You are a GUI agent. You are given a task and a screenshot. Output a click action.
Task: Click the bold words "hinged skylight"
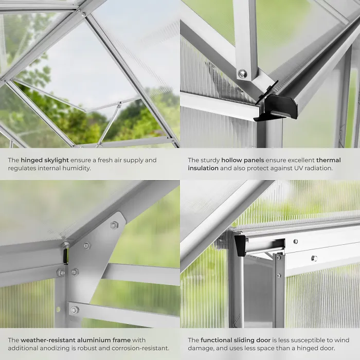[45, 160]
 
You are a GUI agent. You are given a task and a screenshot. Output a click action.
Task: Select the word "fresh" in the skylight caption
[107, 160]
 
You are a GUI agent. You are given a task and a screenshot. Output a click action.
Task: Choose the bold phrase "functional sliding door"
[238, 340]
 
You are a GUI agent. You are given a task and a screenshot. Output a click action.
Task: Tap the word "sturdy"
[212, 160]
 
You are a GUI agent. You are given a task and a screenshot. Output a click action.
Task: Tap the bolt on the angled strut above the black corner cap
[242, 74]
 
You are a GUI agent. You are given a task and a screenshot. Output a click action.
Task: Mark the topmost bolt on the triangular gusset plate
[114, 225]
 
